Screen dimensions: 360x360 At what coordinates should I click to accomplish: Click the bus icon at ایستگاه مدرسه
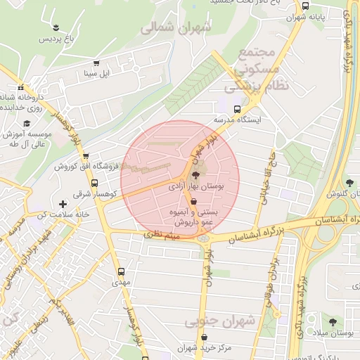click(238, 109)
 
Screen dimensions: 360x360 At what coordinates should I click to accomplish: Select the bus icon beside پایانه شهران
click(304, 5)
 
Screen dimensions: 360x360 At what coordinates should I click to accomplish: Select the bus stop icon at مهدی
click(121, 271)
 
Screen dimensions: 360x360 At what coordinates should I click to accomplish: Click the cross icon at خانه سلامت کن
click(63, 204)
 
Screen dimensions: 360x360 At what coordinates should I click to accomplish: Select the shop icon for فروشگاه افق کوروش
click(86, 156)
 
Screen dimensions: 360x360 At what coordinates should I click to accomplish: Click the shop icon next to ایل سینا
click(96, 62)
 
